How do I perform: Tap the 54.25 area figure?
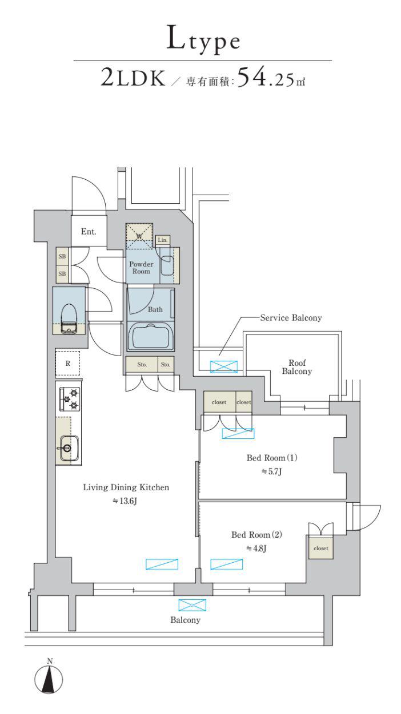[x=266, y=78]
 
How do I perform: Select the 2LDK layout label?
[x=133, y=78]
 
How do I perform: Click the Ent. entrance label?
[x=89, y=231]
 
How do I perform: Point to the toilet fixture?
[x=69, y=318]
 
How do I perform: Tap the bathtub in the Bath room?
[x=151, y=336]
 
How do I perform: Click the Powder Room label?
[x=141, y=268]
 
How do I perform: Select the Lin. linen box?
[x=163, y=240]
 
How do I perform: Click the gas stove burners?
[x=70, y=399]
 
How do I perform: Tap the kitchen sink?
[x=69, y=448]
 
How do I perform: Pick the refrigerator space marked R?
[x=67, y=363]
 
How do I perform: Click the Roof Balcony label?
[x=296, y=367]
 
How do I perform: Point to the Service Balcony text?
[x=291, y=317]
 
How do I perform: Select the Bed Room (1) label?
[x=272, y=458]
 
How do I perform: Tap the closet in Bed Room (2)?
[x=321, y=548]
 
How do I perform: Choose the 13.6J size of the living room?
[x=125, y=501]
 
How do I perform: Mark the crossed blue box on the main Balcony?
[x=193, y=606]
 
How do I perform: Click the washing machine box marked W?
[x=139, y=236]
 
